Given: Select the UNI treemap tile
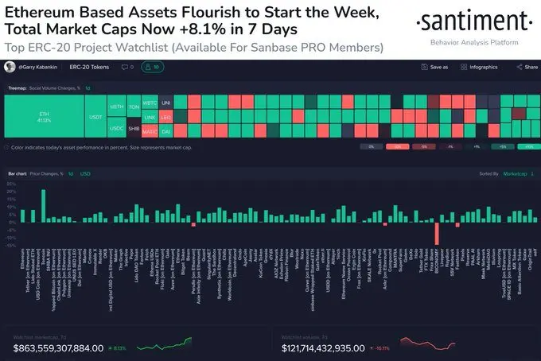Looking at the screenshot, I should pyautogui.click(x=166, y=103).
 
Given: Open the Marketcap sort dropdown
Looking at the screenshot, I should pyautogui.click(x=519, y=173).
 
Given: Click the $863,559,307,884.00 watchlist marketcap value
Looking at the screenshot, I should pyautogui.click(x=58, y=347).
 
